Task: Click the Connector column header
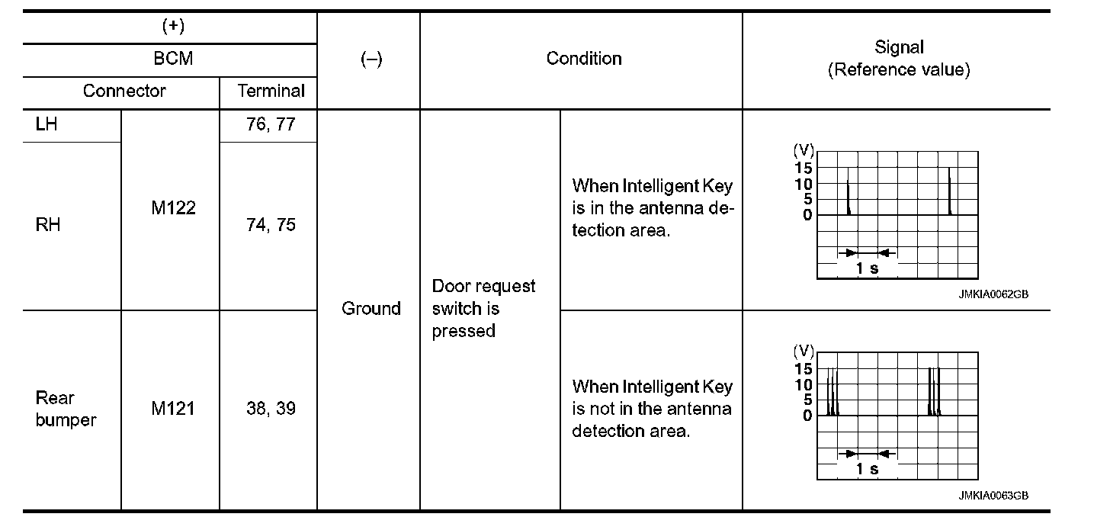tap(124, 92)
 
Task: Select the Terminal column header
tap(271, 92)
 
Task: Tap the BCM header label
tap(174, 59)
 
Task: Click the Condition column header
tap(584, 59)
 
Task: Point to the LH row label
tap(46, 124)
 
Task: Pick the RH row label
tap(47, 225)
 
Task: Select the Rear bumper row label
tap(66, 409)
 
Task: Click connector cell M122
tap(173, 208)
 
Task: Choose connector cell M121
tap(173, 409)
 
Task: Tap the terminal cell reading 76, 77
tap(271, 124)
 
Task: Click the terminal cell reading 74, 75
tap(271, 225)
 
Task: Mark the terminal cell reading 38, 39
tap(271, 409)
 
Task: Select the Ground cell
tap(371, 309)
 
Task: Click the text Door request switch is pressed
tap(483, 309)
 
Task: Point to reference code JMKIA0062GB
tap(993, 295)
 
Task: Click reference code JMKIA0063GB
tap(993, 496)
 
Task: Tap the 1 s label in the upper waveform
tap(867, 268)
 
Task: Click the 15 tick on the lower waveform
tap(804, 368)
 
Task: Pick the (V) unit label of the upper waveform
tap(804, 149)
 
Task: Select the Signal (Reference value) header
tap(899, 59)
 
